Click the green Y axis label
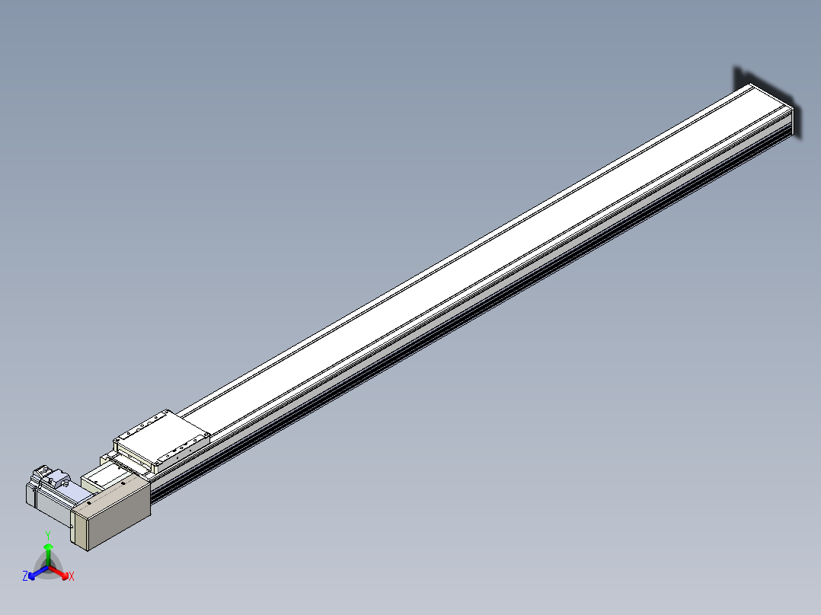48,535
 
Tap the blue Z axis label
25,575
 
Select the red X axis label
72,576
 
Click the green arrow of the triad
48,554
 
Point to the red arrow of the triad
58,572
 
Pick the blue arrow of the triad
38,572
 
